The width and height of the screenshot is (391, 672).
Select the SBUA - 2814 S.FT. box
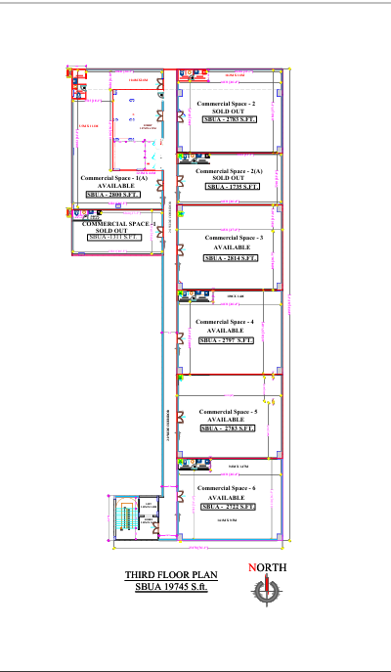231,258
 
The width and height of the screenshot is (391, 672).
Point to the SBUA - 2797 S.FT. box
227,340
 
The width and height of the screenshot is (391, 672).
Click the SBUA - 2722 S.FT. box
227,507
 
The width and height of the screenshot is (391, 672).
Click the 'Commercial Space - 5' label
227,411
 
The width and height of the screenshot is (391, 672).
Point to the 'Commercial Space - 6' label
227,487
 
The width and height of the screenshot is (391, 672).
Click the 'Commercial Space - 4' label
225,321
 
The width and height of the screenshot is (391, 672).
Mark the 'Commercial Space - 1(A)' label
114,178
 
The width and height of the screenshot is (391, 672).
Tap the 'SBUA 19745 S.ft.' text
172,587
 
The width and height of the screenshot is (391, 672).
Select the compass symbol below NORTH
264,591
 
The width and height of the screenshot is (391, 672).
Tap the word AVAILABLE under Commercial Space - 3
231,247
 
